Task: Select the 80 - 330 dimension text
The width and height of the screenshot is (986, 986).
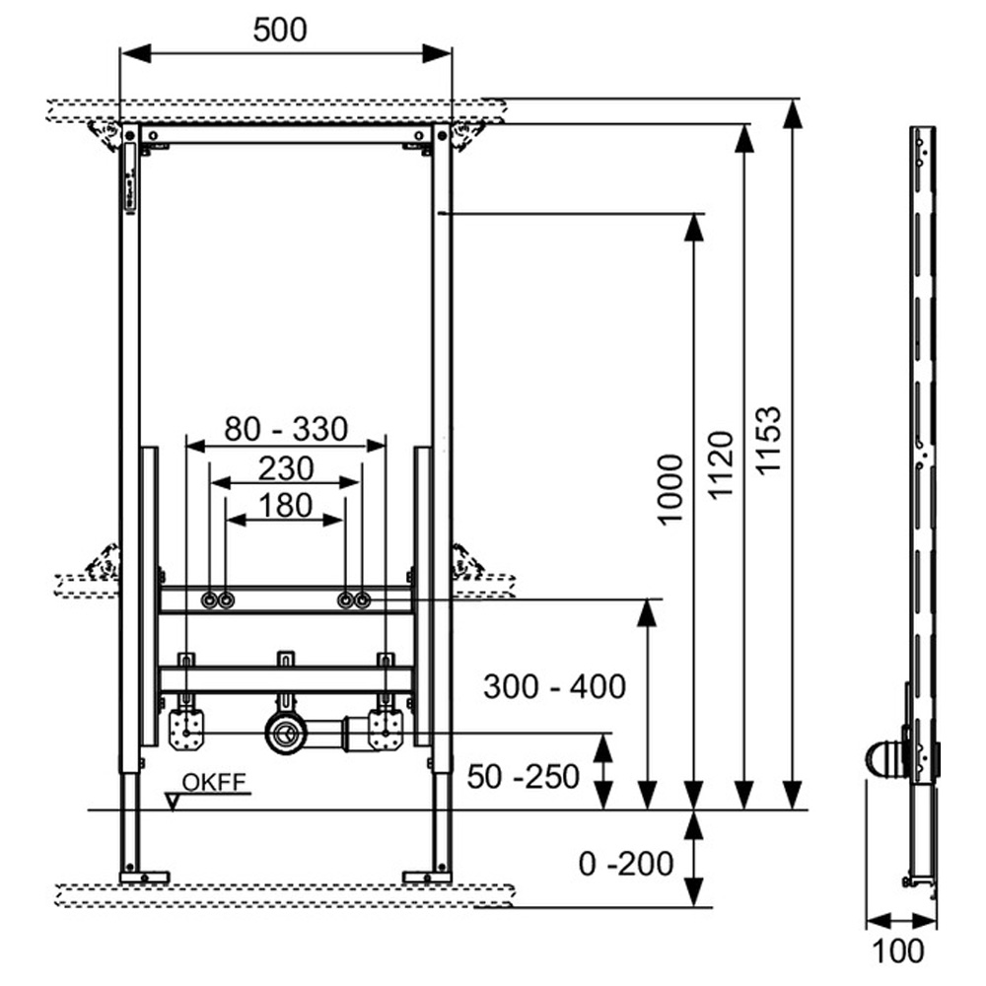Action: pyautogui.click(x=286, y=430)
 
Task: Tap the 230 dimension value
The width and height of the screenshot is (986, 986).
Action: pyautogui.click(x=286, y=467)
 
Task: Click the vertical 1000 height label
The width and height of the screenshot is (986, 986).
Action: pyautogui.click(x=670, y=490)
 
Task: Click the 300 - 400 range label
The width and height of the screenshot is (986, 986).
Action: pyautogui.click(x=554, y=686)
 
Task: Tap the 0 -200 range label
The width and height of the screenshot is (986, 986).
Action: pyautogui.click(x=626, y=865)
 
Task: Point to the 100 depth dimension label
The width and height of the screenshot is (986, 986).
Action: pyautogui.click(x=899, y=951)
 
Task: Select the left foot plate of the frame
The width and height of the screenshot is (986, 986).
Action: pyautogui.click(x=144, y=876)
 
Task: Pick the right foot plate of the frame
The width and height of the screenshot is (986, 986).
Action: pyautogui.click(x=428, y=876)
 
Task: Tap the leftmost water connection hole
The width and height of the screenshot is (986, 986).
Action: pyautogui.click(x=209, y=600)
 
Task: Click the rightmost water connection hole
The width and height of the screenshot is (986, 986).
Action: pyautogui.click(x=363, y=600)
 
